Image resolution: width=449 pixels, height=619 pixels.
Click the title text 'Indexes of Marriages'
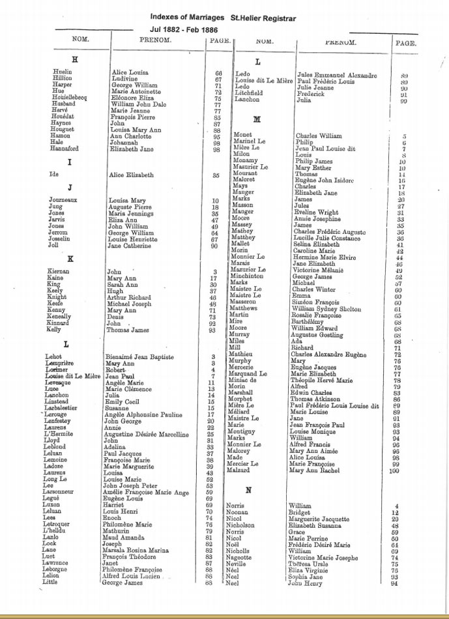(x=187, y=17)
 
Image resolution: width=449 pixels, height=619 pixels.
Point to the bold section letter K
(x=70, y=259)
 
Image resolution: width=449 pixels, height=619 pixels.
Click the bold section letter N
(x=248, y=490)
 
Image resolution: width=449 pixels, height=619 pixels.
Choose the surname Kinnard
(x=60, y=323)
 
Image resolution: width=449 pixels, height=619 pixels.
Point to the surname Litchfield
(x=248, y=93)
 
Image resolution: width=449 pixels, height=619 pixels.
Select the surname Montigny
(x=246, y=431)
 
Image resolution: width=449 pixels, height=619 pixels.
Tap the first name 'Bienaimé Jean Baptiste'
(x=140, y=357)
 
